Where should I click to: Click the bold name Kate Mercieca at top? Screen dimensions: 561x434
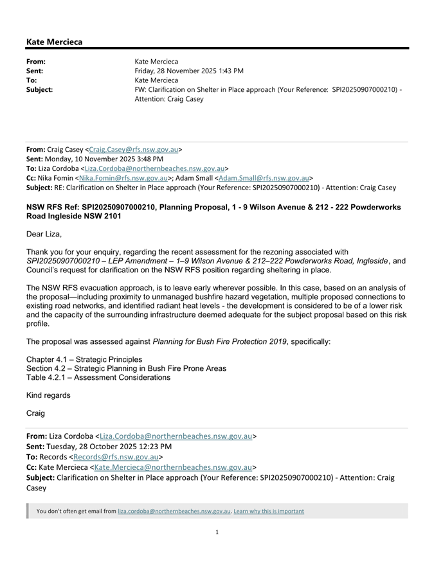click(54, 42)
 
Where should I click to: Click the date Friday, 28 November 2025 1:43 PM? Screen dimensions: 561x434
click(189, 71)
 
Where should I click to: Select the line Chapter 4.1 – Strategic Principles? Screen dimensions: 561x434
click(84, 359)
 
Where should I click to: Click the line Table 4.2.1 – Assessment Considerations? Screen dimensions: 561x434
click(98, 377)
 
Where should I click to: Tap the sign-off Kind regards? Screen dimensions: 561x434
click(48, 395)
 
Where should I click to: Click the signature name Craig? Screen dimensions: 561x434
click(37, 413)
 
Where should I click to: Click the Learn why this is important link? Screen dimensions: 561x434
click(269, 512)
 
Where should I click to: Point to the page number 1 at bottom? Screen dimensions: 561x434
click(217, 531)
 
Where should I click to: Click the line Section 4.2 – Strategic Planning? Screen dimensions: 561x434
click(126, 368)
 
